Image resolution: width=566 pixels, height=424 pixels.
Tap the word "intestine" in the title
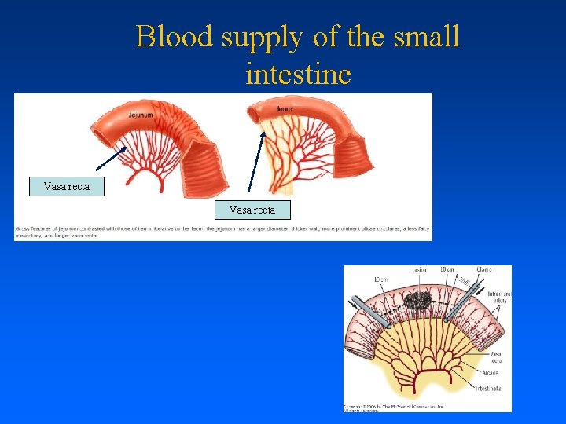(298, 75)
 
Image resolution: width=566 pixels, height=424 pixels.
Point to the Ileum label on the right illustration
(284, 108)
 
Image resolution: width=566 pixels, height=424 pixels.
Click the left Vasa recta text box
(67, 187)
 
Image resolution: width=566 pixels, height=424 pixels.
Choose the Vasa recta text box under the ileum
(252, 210)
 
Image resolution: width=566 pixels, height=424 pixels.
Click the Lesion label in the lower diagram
(419, 270)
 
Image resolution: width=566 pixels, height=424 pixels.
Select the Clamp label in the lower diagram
(483, 270)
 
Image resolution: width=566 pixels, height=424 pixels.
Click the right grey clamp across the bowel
(465, 305)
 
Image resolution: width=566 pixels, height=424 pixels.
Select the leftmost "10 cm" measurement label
(380, 280)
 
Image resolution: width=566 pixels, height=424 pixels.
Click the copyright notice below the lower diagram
(393, 408)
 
